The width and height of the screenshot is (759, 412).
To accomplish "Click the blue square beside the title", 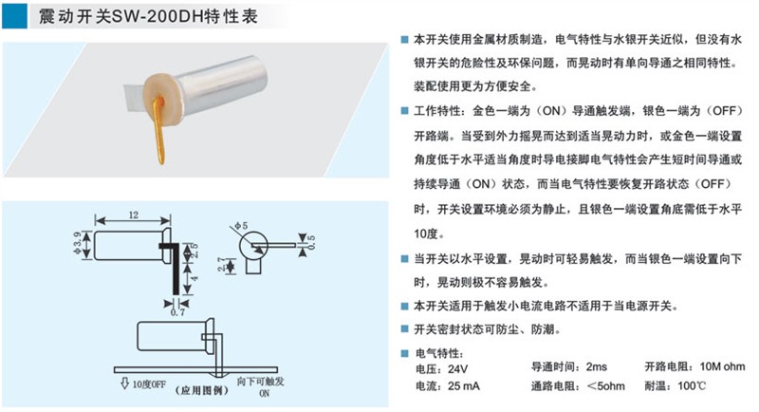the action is coord(14,16).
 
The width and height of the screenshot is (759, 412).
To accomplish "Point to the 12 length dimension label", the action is coord(133,215).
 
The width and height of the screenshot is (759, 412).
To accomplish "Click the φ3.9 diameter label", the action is coord(77,245).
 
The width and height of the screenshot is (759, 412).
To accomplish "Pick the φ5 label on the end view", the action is coord(241,226).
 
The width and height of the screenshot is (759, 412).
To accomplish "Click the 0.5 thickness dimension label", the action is coord(311,242).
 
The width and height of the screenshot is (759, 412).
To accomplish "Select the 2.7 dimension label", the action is coord(222,265).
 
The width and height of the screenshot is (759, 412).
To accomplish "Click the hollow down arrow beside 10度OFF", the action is coord(124,383).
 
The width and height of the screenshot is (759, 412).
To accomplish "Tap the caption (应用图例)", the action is coord(201,390).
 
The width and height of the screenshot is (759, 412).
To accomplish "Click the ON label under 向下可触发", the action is coord(265,393).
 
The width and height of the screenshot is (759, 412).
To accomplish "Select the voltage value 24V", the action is coord(458,369).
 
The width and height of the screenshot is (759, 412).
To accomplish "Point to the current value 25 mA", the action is coord(464,386).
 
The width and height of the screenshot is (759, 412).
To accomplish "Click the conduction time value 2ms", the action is coord(597,366).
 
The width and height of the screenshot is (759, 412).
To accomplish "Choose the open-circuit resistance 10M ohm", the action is coord(722,366).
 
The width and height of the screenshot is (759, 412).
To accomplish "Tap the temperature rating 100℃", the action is coord(692,385).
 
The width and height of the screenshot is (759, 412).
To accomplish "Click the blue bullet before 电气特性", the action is coord(405,353).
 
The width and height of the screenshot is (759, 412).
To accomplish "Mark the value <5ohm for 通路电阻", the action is coord(605,386).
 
